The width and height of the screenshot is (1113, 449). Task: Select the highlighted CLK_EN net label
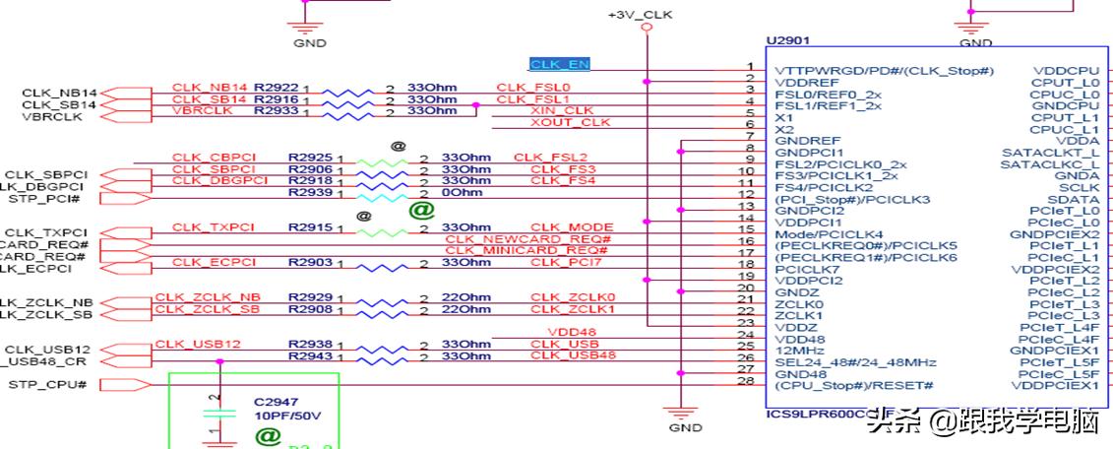point(560,64)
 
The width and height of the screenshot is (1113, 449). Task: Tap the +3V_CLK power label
point(640,16)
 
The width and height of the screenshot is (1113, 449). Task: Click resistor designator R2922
point(276,87)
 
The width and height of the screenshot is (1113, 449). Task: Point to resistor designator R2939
point(309,192)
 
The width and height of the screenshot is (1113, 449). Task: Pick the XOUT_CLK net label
point(570,122)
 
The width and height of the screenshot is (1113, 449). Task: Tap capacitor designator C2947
point(277,402)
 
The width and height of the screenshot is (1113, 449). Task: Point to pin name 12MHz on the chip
point(797,350)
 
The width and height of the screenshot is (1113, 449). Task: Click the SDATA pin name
point(1079,199)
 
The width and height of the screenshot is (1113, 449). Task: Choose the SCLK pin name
point(1081,187)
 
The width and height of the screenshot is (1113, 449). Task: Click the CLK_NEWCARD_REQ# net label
point(528,239)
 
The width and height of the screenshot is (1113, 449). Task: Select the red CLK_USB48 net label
point(573,354)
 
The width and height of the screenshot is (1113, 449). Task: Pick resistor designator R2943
point(309,355)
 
